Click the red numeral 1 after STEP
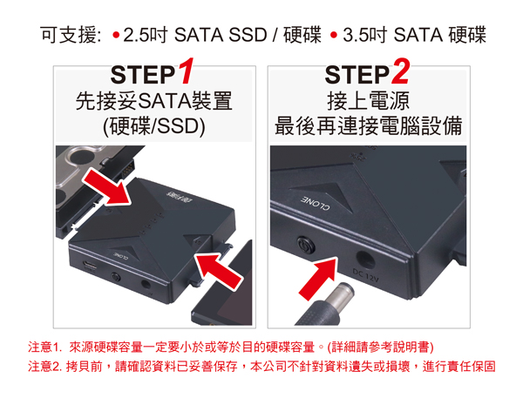click(186, 71)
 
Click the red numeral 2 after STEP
click(400, 71)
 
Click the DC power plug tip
click(343, 293)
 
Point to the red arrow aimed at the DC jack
click(318, 279)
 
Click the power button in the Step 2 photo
click(306, 246)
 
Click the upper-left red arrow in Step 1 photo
click(107, 186)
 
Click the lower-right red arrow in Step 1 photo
click(218, 270)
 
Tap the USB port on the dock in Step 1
click(90, 266)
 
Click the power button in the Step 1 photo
click(116, 277)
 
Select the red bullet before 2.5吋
click(116, 35)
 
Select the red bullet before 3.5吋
click(334, 35)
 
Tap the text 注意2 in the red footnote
click(44, 367)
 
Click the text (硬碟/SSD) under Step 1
click(153, 126)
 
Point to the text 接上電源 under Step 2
click(368, 101)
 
